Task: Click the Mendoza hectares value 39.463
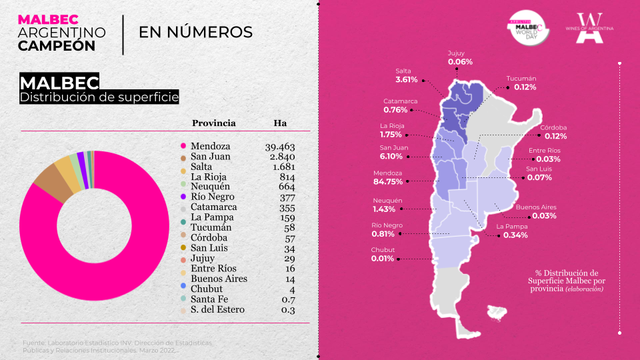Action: click(280, 147)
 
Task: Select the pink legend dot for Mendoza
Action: click(182, 146)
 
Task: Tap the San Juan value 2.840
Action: click(283, 157)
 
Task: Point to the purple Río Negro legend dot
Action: click(182, 197)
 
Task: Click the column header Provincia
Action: click(213, 123)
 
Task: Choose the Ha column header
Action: click(280, 123)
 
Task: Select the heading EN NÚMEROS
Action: click(195, 32)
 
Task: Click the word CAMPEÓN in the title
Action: click(57, 45)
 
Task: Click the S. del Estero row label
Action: click(217, 309)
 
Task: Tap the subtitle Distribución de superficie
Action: click(99, 97)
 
